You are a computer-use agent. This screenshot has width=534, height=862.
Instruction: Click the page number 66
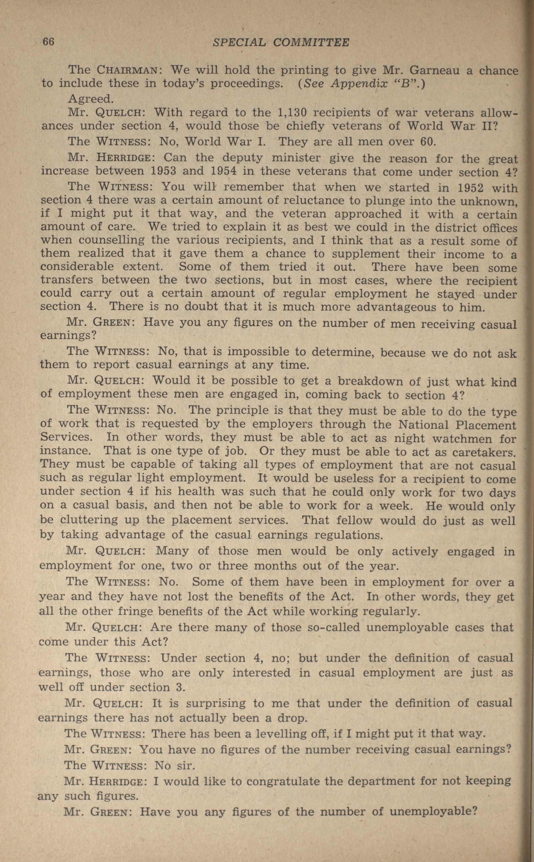tap(48, 42)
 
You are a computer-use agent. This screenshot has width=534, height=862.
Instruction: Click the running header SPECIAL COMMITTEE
tap(281, 43)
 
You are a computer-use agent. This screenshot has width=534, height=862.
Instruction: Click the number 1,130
tap(291, 113)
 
